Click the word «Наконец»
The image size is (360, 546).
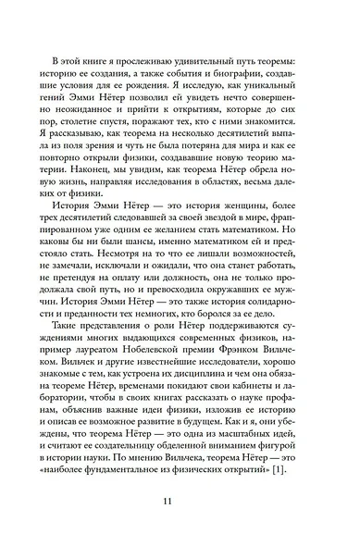[96, 186]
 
